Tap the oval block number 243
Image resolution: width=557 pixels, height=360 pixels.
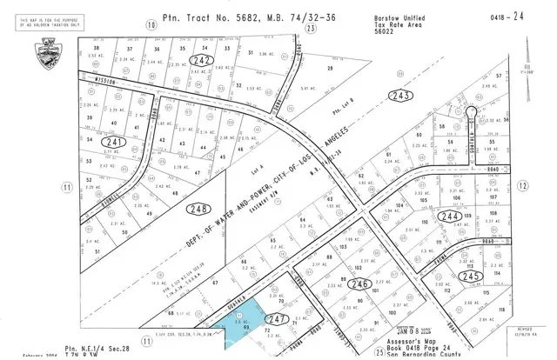(401, 95)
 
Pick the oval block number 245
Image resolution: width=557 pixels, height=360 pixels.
(470, 276)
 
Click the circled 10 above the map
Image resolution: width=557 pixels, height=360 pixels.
(151, 25)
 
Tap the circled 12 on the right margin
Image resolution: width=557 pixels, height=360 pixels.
(522, 185)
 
